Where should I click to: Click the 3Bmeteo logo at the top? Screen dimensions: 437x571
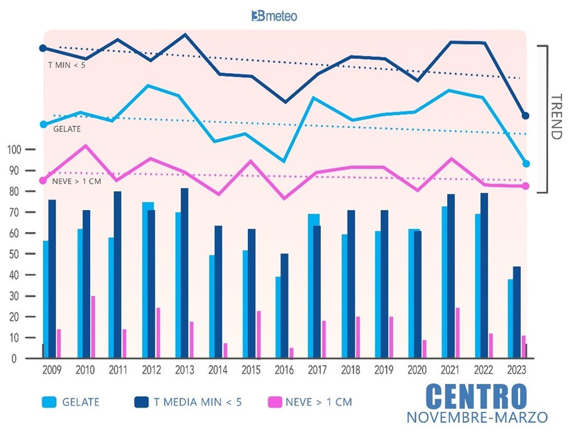(274, 16)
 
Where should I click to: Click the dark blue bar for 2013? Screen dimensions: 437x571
(184, 273)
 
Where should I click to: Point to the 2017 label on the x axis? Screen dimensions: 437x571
(317, 370)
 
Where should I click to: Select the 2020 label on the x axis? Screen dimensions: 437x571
(417, 370)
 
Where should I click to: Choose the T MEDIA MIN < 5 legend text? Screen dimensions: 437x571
(198, 402)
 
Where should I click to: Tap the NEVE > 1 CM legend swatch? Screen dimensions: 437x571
(277, 402)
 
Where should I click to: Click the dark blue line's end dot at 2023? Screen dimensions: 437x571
(526, 116)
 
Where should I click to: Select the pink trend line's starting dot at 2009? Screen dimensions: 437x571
(43, 181)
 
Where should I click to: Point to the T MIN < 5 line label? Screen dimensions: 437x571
(66, 65)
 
